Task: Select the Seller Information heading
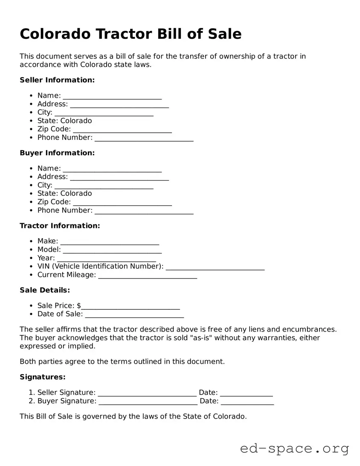tap(57, 80)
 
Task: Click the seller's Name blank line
tap(112, 96)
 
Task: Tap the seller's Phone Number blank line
tap(144, 138)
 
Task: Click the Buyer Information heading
tap(57, 153)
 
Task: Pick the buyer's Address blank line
tap(119, 178)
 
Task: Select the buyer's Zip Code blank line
tap(122, 203)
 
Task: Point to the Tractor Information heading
tap(60, 225)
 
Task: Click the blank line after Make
tap(110, 242)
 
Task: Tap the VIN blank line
tap(215, 267)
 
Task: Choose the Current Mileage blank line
tap(148, 276)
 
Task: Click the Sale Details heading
tap(45, 290)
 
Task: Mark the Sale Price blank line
tap(131, 306)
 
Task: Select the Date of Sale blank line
tap(134, 315)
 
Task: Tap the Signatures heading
tap(43, 377)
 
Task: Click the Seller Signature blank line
tap(147, 393)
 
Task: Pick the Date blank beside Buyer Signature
tap(247, 402)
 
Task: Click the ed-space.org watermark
tap(294, 449)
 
